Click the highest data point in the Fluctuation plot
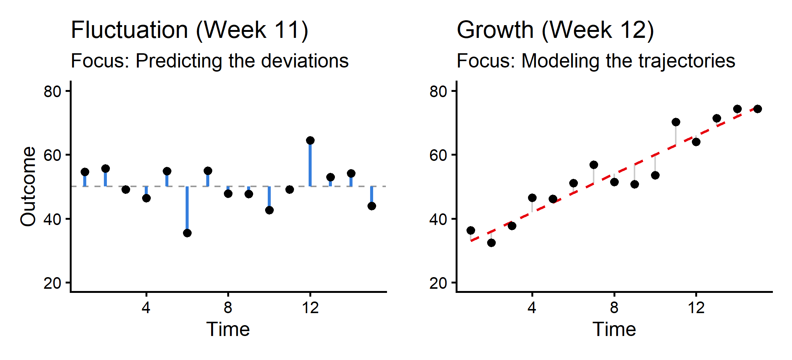pyautogui.click(x=310, y=141)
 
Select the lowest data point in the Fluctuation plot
pyautogui.click(x=187, y=233)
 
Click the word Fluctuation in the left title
pyautogui.click(x=129, y=30)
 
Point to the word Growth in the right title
pyautogui.click(x=495, y=30)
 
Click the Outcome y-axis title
pyautogui.click(x=28, y=186)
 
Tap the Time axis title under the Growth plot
pyautogui.click(x=614, y=329)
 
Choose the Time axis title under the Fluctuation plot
pyautogui.click(x=228, y=329)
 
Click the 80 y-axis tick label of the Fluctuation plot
pyautogui.click(x=52, y=91)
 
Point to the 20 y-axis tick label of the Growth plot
pyautogui.click(x=438, y=283)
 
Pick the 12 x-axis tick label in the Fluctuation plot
pyautogui.click(x=310, y=308)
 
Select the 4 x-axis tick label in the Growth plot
pyautogui.click(x=532, y=308)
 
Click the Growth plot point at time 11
pyautogui.click(x=676, y=122)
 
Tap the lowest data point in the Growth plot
pyautogui.click(x=491, y=243)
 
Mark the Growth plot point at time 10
pyautogui.click(x=655, y=175)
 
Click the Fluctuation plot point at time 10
pyautogui.click(x=269, y=210)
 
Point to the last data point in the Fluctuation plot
pyautogui.click(x=372, y=206)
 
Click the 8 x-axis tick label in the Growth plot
pyautogui.click(x=614, y=308)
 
